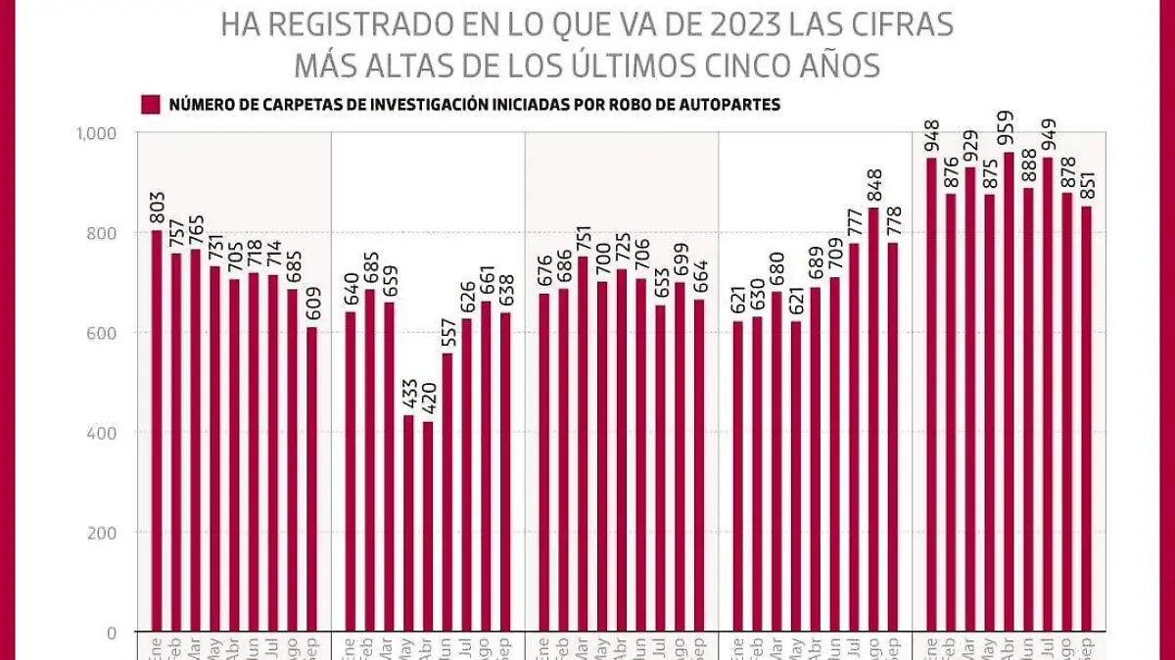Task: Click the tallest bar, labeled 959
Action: coord(1009,392)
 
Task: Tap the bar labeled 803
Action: coord(157,431)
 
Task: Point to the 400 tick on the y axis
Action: coord(102,433)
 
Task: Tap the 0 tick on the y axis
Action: coord(111,633)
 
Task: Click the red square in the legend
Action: coord(150,105)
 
